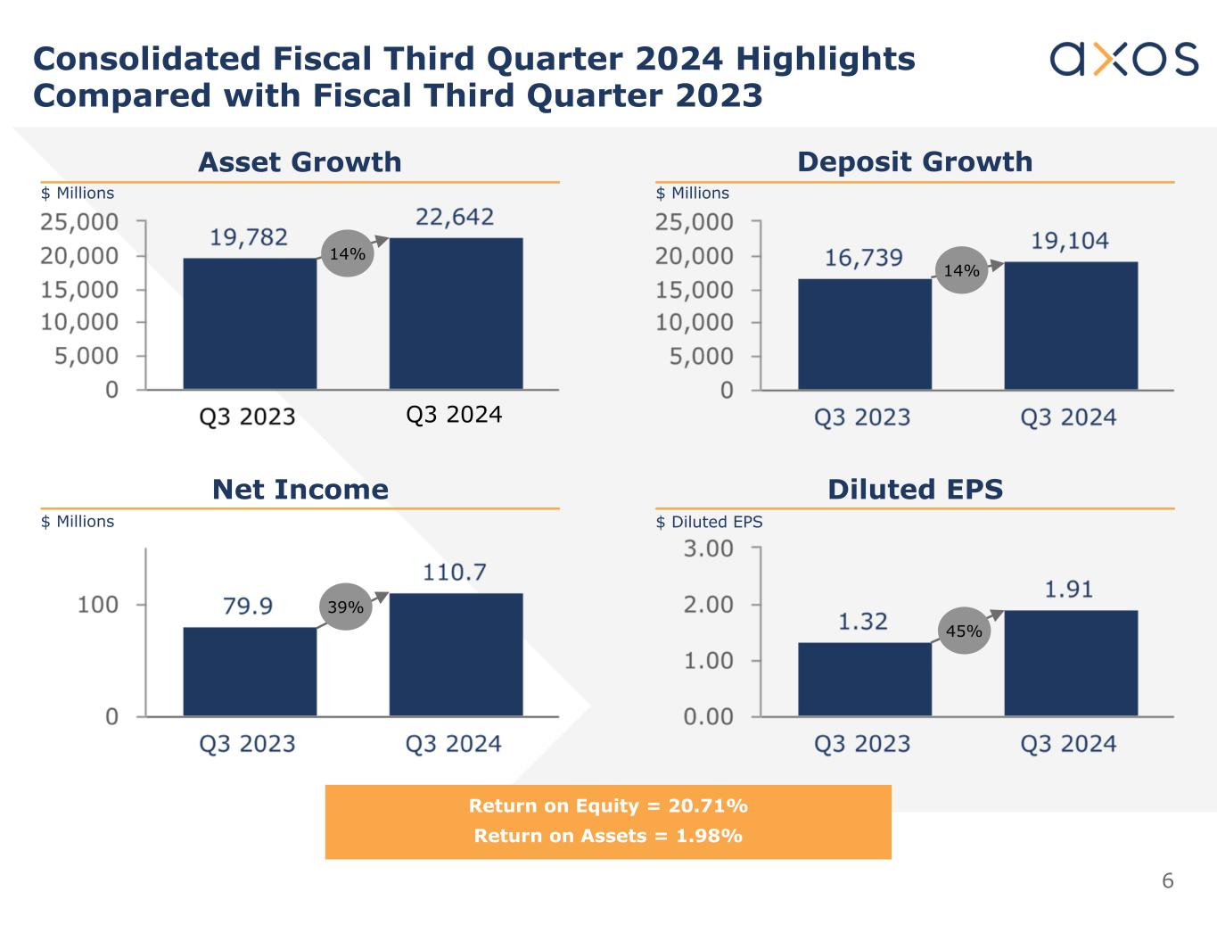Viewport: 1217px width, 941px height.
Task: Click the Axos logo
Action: (x=1123, y=59)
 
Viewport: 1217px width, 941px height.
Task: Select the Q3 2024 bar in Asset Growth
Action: (x=456, y=313)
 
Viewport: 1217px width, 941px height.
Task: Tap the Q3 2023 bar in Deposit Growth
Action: (x=864, y=334)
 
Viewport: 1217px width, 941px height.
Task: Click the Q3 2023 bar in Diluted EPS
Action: (x=864, y=679)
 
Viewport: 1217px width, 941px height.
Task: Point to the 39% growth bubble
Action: (x=345, y=607)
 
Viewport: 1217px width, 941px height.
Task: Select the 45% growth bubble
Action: (x=963, y=631)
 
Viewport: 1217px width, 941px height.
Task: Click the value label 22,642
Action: (x=455, y=217)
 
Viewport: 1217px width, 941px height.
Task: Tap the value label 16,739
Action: (x=863, y=258)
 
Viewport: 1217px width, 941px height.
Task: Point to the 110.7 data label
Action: (x=455, y=572)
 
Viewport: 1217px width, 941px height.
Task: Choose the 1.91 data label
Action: (x=1068, y=589)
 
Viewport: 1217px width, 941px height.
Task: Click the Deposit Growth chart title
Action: (x=915, y=161)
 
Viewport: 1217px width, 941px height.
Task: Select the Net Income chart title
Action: (x=300, y=489)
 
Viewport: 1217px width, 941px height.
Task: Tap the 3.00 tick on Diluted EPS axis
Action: (x=709, y=549)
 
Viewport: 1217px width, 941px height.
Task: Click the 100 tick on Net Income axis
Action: (x=98, y=605)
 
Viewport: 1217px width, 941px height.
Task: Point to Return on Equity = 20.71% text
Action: (x=608, y=805)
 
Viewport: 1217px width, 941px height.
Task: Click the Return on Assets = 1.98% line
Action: (x=608, y=836)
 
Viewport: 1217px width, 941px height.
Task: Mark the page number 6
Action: (x=1167, y=881)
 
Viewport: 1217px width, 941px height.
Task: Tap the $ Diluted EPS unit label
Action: (x=709, y=522)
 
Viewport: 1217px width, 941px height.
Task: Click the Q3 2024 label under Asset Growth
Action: (x=454, y=415)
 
